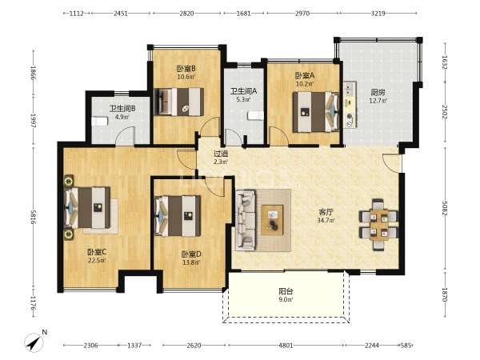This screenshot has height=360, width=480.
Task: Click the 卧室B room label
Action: (x=186, y=68)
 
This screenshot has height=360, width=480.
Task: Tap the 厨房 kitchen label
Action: (x=378, y=92)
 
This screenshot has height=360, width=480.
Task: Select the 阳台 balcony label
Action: (x=286, y=291)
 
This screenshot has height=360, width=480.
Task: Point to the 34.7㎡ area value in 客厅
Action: (x=326, y=220)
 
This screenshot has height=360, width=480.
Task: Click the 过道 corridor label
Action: (x=221, y=154)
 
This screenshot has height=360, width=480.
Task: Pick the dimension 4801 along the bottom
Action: (x=286, y=346)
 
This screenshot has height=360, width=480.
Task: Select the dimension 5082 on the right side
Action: (x=445, y=208)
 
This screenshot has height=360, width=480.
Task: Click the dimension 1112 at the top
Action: (x=77, y=13)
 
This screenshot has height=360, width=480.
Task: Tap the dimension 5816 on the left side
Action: (x=34, y=217)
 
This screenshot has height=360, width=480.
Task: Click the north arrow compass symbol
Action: (x=34, y=342)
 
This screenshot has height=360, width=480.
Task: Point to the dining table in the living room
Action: (x=378, y=224)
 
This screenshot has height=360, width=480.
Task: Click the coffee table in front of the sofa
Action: (x=272, y=220)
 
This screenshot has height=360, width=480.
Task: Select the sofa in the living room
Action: (x=246, y=221)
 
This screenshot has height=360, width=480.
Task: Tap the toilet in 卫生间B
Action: (x=99, y=122)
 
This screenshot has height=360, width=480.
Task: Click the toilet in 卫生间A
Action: (x=256, y=116)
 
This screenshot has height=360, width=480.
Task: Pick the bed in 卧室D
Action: (x=178, y=216)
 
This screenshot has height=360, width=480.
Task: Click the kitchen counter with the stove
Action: (x=350, y=105)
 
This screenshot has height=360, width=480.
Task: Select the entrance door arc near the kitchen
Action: (x=391, y=164)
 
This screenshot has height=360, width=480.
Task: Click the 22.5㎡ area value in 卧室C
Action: (x=97, y=261)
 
